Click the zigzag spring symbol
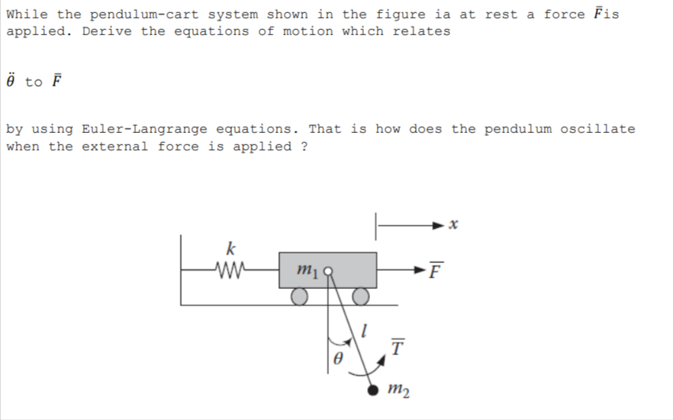pyautogui.click(x=230, y=269)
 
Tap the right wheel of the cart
pyautogui.click(x=361, y=295)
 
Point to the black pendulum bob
pyautogui.click(x=373, y=390)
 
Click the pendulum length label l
pyautogui.click(x=365, y=331)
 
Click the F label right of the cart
pyautogui.click(x=435, y=270)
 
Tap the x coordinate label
pyautogui.click(x=453, y=225)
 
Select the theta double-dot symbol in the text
pyautogui.click(x=11, y=80)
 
